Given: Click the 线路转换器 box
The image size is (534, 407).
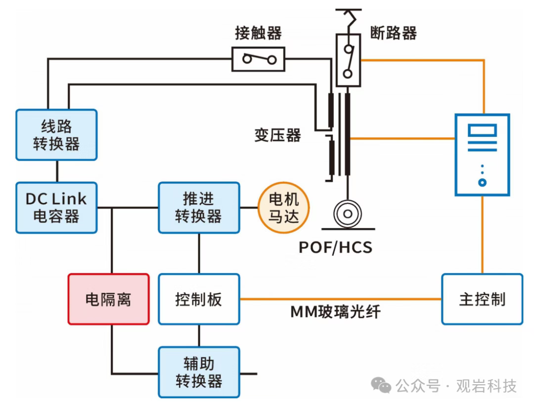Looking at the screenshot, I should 56,135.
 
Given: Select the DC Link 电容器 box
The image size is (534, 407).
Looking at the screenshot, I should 56,207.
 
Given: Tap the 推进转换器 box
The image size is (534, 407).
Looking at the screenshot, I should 199,207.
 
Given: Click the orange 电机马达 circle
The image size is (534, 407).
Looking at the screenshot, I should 283,207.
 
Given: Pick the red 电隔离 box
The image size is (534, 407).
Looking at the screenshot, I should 108,299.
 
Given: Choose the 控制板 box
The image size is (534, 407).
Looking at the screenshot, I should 199,299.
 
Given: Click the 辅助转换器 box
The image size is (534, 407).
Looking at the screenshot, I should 199,372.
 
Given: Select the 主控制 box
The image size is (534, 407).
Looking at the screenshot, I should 482,299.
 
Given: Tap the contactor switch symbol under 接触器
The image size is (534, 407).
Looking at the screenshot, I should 259,60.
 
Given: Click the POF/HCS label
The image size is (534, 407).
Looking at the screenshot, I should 335,246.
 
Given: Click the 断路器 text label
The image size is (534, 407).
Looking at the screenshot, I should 394,33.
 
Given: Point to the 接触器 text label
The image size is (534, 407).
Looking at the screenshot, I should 258,33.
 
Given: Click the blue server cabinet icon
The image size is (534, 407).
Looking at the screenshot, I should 482,153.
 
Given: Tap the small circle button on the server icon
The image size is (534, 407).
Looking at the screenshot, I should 482,182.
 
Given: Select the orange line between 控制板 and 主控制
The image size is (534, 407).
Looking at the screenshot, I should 340,299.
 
